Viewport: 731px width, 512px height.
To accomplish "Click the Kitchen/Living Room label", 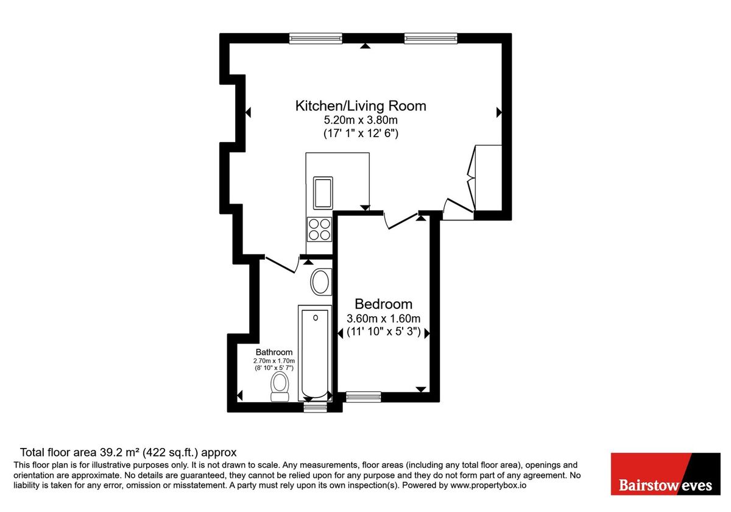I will (361, 105).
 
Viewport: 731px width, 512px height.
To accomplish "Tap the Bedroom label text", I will (383, 304).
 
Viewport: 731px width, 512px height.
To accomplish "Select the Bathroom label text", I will (274, 352).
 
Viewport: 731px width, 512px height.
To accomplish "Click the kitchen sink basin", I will (322, 192).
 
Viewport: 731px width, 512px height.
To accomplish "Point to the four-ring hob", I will (320, 229).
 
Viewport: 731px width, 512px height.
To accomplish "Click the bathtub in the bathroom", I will (315, 353).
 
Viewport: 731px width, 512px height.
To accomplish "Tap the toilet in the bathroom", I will (280, 388).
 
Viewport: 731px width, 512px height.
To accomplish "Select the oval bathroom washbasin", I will (320, 282).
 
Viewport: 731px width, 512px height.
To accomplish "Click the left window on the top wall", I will (316, 38).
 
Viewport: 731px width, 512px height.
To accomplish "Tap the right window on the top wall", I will (431, 38).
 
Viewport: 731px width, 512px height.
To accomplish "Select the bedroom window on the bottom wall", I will (363, 397).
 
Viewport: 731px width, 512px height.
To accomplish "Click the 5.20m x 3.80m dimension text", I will (361, 119).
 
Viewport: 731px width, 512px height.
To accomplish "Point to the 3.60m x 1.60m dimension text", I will (383, 318).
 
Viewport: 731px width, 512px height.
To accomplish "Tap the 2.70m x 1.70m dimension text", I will (274, 361).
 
